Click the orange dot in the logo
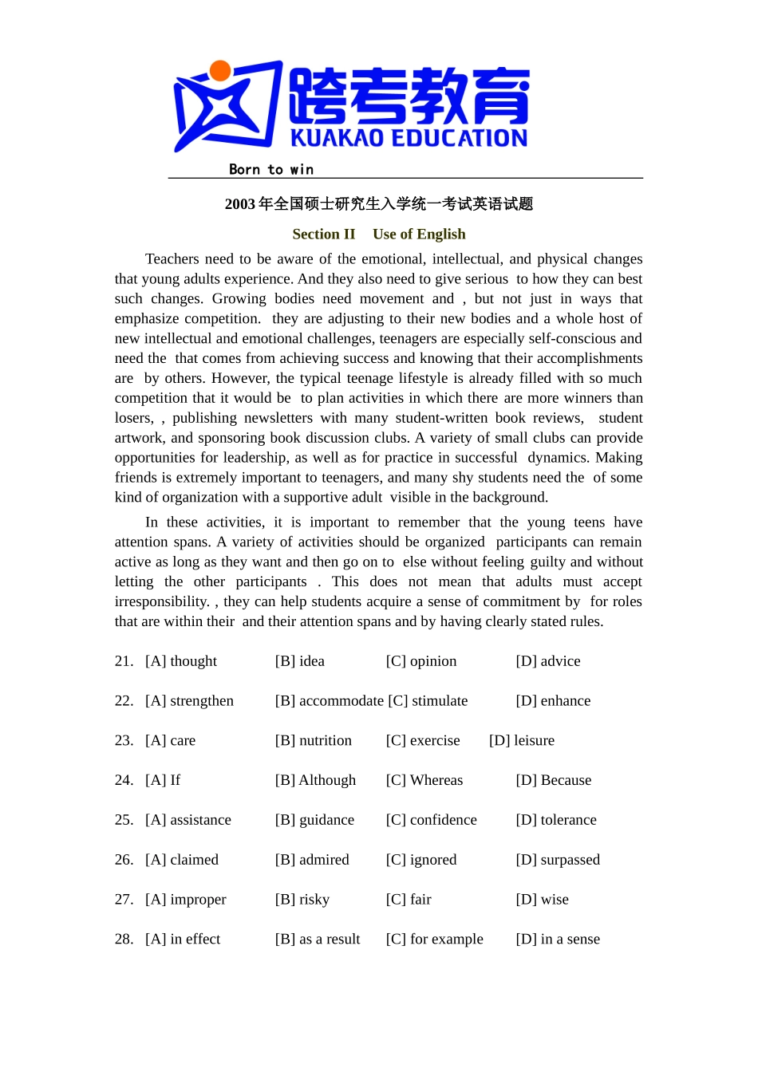pos(220,71)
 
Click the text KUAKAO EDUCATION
pos(409,138)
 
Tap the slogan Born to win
pos(270,169)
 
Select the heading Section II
pos(323,234)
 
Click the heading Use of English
pos(419,234)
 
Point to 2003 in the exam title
pos(239,204)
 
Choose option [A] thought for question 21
pos(181,661)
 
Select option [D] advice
pos(547,661)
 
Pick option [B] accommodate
pos(329,701)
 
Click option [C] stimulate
pos(428,701)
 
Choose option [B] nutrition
pos(313,741)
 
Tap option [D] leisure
pos(521,741)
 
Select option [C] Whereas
pos(424,780)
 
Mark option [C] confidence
pos(431,820)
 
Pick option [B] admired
pos(312,860)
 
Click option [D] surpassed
pos(557,860)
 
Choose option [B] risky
pos(302,900)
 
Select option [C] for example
pos(434,940)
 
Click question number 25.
pos(124,820)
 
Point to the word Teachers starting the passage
pos(172,259)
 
